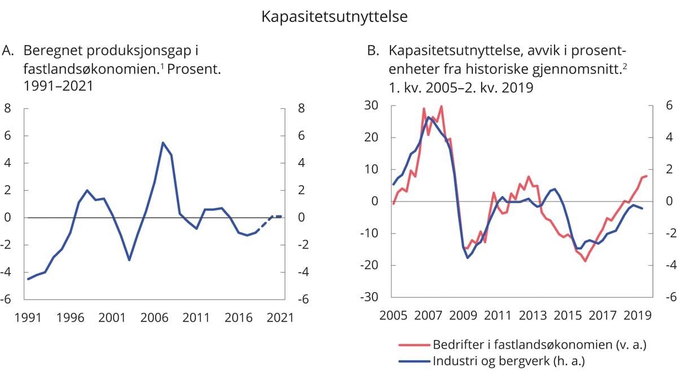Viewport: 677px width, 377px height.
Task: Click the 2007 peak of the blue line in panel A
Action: pos(162,143)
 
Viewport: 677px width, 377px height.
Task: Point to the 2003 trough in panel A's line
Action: pos(129,260)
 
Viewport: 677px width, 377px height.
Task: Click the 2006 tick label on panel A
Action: pos(154,318)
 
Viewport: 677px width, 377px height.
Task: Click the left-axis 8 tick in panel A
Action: pos(9,108)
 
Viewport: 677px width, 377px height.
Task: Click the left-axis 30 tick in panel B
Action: pos(372,106)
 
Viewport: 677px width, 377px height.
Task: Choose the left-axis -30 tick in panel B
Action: pos(370,297)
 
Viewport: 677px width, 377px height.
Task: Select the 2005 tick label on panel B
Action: pos(393,315)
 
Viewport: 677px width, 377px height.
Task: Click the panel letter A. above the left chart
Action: pos(8,52)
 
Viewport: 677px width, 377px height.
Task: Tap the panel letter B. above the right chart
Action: pos(373,52)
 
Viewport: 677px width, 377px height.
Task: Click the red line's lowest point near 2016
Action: pos(586,261)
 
